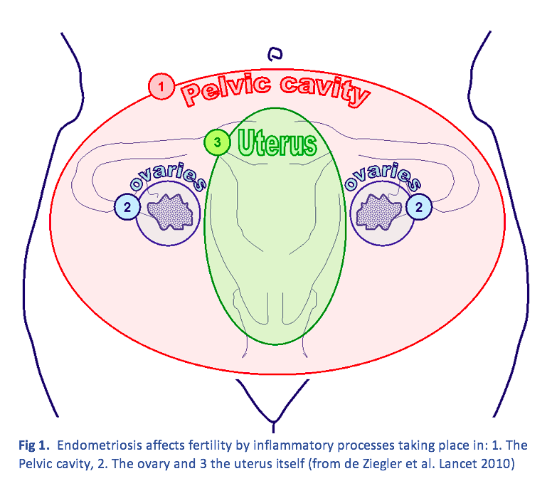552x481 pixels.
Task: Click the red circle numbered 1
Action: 161,87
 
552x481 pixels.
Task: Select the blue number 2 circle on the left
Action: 127,207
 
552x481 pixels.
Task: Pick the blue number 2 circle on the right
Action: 419,207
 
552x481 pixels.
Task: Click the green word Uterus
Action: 277,143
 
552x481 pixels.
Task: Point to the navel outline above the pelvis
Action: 275,53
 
